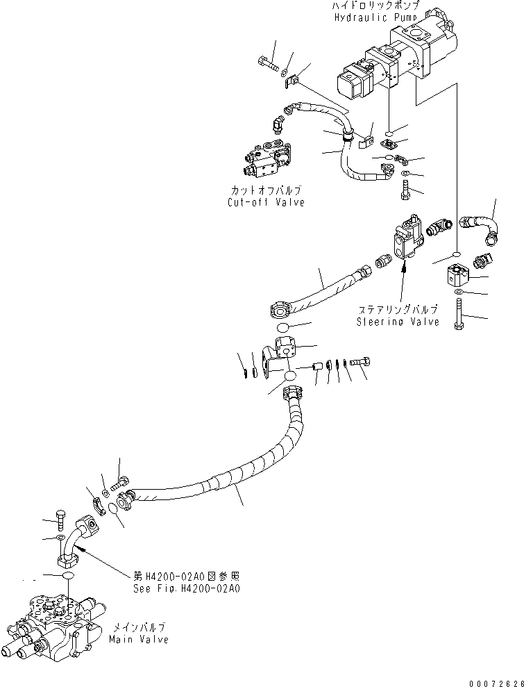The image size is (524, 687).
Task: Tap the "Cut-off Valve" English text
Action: pyautogui.click(x=266, y=202)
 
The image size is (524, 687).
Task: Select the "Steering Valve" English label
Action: pyautogui.click(x=398, y=322)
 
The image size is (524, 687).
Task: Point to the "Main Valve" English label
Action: pyautogui.click(x=138, y=639)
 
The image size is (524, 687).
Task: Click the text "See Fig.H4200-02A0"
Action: pyautogui.click(x=185, y=587)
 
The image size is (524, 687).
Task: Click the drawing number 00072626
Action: pyautogui.click(x=493, y=680)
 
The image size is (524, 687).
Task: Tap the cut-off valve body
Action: pyautogui.click(x=267, y=159)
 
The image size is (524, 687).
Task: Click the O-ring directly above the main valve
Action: pyautogui.click(x=67, y=577)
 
